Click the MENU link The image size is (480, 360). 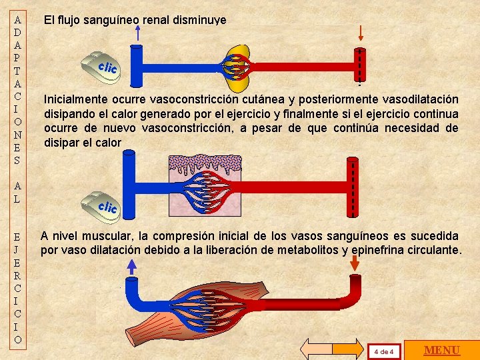[x=442, y=350]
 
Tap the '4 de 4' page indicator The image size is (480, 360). [x=384, y=351]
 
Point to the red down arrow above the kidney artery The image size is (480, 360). [x=361, y=33]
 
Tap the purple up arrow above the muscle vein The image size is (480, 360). [x=132, y=267]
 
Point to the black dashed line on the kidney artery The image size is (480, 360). [x=360, y=67]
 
